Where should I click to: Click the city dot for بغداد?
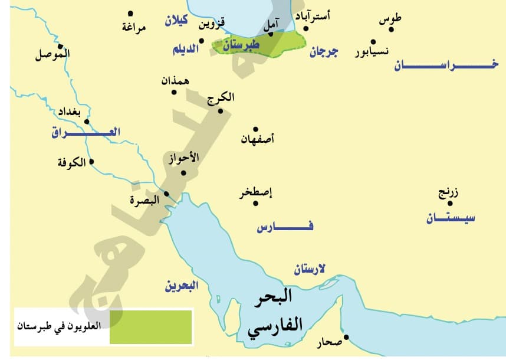tap(87, 122)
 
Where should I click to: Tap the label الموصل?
tap(52, 55)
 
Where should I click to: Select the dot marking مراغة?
tap(130, 14)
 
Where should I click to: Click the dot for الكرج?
tap(220, 110)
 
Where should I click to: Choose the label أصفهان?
tap(258, 140)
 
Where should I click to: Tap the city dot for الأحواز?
tap(183, 172)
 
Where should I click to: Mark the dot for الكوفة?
tap(91, 161)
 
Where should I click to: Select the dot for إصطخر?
tap(255, 204)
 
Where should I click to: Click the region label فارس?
tap(285, 227)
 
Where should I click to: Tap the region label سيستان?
tap(452, 219)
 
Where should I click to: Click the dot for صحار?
tap(346, 338)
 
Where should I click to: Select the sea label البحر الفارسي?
tap(273, 313)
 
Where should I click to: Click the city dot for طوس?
tap(391, 29)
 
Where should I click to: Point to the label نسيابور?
tap(372, 51)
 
